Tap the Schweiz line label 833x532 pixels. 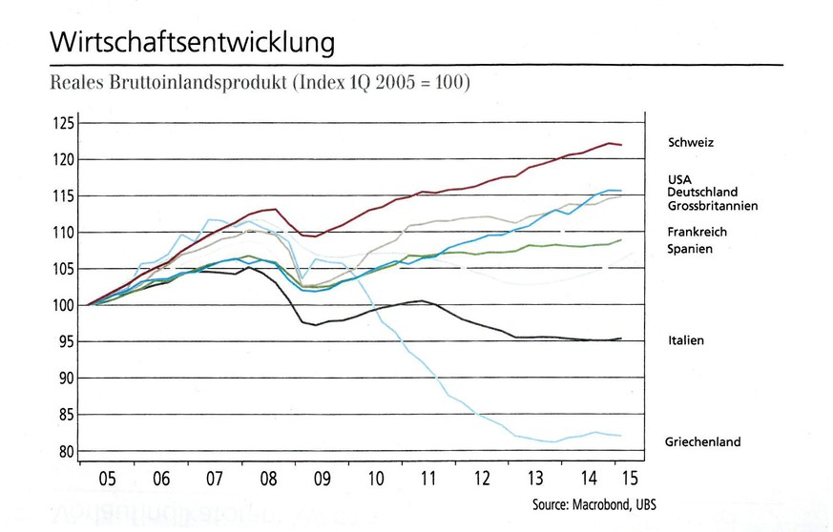[692, 143]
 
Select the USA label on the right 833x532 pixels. [680, 179]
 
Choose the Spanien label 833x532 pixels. [689, 249]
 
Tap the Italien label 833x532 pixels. [686, 340]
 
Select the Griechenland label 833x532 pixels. [702, 442]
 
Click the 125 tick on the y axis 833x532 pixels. [63, 124]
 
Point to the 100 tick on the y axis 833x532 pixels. [63, 305]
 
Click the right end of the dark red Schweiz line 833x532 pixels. [622, 145]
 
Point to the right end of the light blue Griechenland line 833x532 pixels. [622, 436]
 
